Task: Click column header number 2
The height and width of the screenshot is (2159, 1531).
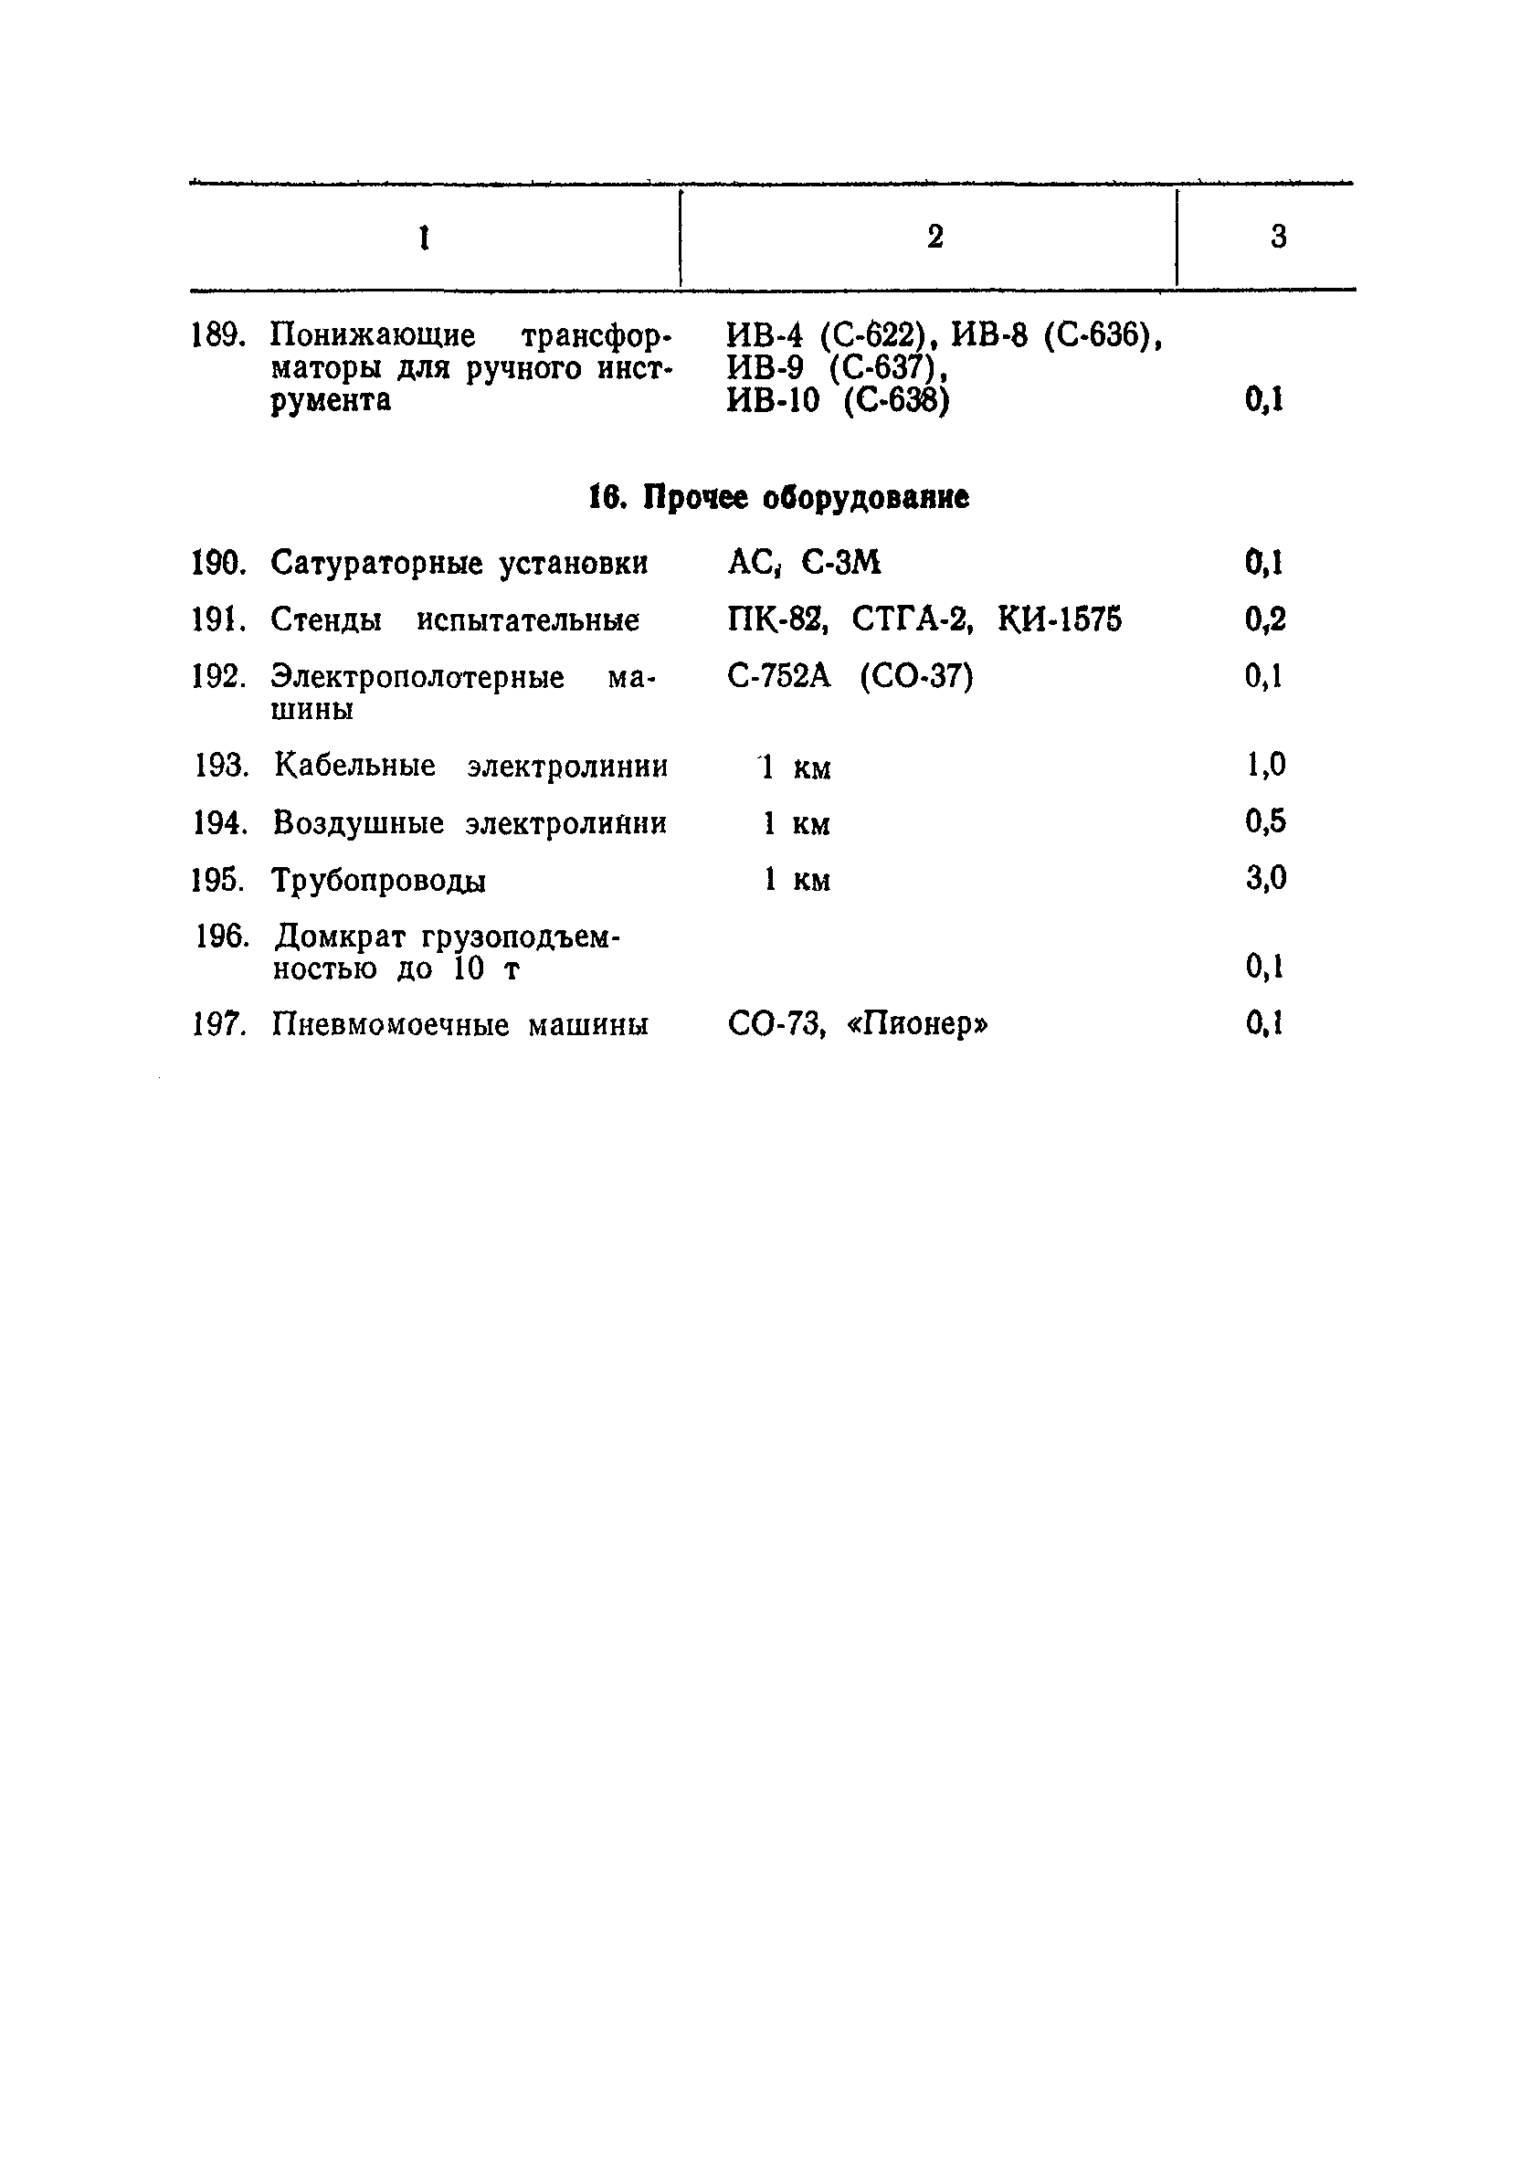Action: point(934,237)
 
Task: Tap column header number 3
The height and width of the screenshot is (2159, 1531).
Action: point(1277,237)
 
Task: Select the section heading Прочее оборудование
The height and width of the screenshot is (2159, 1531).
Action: point(778,498)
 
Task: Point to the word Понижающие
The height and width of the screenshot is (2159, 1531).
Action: point(374,335)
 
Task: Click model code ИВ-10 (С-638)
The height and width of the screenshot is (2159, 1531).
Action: point(838,402)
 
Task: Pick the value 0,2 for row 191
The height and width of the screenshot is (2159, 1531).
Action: point(1264,620)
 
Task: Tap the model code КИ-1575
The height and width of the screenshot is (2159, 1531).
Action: point(1060,620)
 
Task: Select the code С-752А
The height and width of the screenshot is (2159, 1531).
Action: point(779,677)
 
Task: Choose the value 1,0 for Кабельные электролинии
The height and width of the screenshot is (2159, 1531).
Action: point(1265,765)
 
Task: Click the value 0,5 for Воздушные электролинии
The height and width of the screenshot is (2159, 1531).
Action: point(1265,822)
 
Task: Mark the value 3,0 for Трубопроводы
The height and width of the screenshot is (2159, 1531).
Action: point(1265,879)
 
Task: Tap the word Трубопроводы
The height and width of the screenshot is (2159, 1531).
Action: point(379,882)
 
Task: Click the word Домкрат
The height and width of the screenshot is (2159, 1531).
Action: point(341,937)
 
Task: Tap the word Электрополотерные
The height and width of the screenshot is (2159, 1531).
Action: point(417,677)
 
